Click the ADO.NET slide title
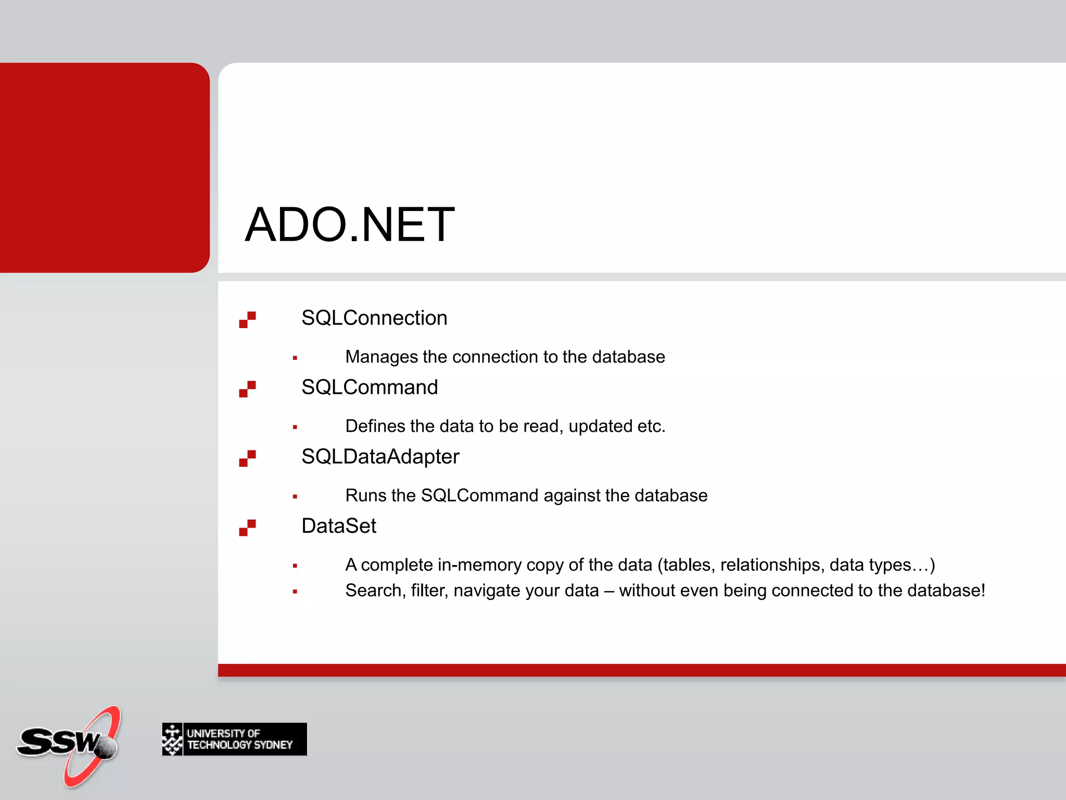[x=350, y=225]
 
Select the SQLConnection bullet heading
[x=374, y=318]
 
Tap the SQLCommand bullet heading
[x=370, y=387]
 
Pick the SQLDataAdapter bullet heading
[x=380, y=456]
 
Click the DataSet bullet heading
[x=339, y=526]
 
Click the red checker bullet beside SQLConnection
[x=247, y=319]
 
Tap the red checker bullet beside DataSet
[x=247, y=527]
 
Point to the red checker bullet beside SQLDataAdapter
[x=247, y=458]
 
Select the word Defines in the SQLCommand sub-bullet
[x=375, y=426]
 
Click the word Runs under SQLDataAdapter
[x=365, y=495]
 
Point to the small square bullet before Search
[x=295, y=592]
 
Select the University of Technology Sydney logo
[x=234, y=739]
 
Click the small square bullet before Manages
[x=295, y=358]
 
